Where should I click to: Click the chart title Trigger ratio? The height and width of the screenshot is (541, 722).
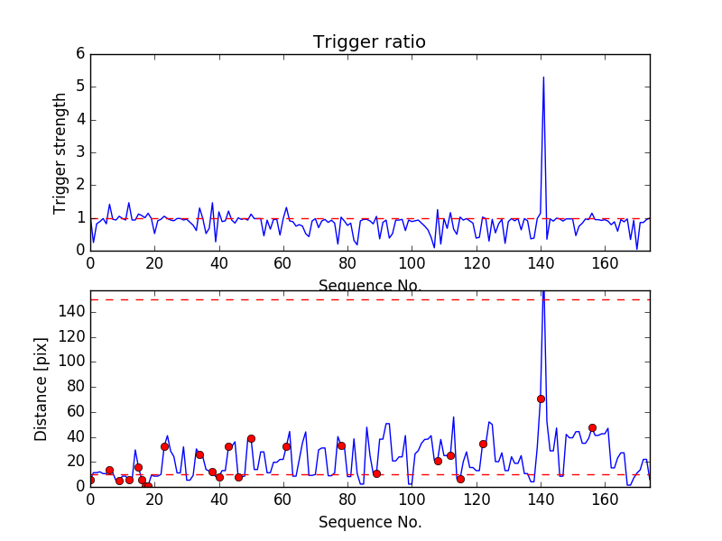[369, 42]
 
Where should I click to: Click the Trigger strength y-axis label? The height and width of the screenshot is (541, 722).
[60, 152]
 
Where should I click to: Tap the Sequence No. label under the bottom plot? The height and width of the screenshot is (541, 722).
[369, 522]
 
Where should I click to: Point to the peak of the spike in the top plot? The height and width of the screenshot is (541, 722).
[543, 77]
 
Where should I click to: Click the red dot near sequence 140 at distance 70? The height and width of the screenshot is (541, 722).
[541, 399]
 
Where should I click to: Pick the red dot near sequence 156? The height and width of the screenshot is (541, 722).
[592, 427]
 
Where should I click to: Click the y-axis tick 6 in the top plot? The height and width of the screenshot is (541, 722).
[80, 54]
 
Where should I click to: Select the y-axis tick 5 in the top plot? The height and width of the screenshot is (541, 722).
[80, 87]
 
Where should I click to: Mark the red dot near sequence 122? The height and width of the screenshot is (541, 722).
[483, 444]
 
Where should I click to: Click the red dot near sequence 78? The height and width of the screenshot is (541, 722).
[341, 445]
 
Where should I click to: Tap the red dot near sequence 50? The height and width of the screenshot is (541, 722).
[251, 438]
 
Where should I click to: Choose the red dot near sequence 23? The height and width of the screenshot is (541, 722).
[164, 446]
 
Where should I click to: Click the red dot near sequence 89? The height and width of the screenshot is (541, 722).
[376, 473]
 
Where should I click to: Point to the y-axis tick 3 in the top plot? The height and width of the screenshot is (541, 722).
[80, 152]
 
